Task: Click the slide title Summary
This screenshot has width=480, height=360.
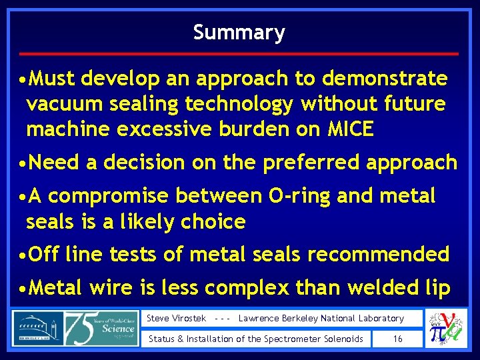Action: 239,32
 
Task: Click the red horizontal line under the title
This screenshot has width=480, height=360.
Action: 239,53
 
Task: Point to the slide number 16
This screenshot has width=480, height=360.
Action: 397,339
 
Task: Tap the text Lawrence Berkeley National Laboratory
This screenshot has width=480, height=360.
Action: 321,319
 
